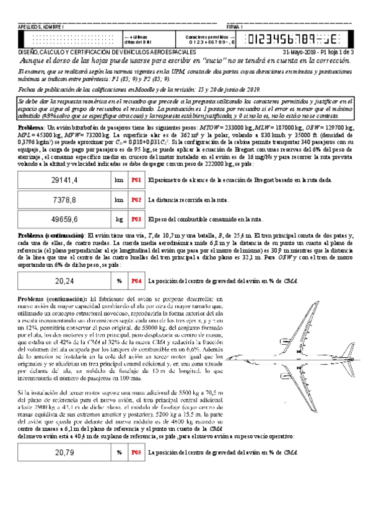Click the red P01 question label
[x=136, y=163]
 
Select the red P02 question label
[x=136, y=183]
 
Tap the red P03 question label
[x=136, y=202]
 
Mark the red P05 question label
[x=136, y=452]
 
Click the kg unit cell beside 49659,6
[x=119, y=202]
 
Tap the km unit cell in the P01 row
[x=119, y=163]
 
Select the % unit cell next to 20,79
[x=119, y=452]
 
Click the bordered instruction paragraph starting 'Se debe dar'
[x=185, y=109]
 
